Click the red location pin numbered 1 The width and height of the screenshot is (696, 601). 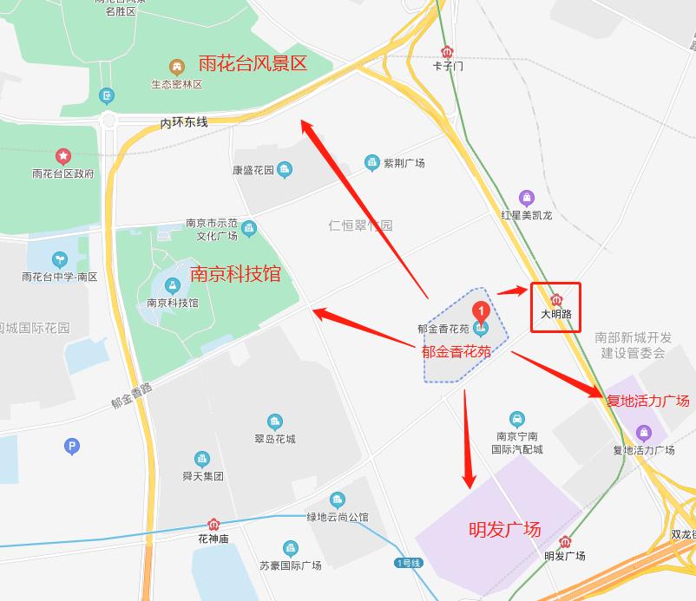(x=481, y=310)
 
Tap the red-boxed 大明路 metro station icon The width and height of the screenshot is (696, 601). (x=556, y=299)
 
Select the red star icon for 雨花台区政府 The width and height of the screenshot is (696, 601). (x=62, y=156)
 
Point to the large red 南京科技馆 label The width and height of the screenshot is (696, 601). (x=236, y=274)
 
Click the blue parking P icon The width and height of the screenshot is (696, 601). (x=72, y=447)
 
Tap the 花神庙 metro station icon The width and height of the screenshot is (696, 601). (x=213, y=525)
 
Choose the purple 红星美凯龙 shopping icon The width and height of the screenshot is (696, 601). (x=526, y=199)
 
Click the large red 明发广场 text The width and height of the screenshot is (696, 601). (x=504, y=528)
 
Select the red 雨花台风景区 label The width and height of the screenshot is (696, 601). (x=253, y=63)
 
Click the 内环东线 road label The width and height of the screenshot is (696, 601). (x=184, y=123)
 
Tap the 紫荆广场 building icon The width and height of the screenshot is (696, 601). (x=372, y=162)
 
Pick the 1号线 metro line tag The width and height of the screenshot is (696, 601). (x=408, y=563)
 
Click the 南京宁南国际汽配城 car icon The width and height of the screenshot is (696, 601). (x=516, y=420)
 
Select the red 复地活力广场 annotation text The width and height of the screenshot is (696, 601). (x=647, y=400)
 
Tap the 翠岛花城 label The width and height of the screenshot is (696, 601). (x=274, y=439)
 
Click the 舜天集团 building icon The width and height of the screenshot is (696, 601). (x=202, y=459)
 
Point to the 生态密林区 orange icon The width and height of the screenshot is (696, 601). (x=176, y=66)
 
